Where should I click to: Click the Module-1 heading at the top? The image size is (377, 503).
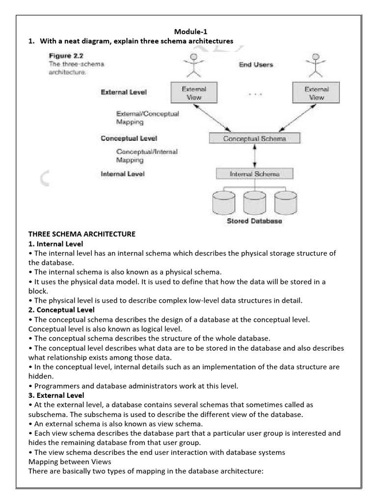tap(188, 31)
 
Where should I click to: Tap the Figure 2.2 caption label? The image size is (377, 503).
tap(65, 56)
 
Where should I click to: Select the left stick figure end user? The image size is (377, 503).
tap(194, 66)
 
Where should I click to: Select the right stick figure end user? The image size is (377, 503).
tap(315, 66)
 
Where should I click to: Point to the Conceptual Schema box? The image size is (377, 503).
tap(254, 139)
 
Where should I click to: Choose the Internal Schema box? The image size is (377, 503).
tap(254, 174)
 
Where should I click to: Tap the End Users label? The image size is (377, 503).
tap(256, 64)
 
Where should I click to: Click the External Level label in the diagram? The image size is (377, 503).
tap(123, 92)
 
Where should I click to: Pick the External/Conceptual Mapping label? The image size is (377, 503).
tap(147, 117)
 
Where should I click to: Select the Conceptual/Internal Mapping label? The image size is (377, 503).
tap(147, 156)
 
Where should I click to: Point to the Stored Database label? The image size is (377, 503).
tap(254, 222)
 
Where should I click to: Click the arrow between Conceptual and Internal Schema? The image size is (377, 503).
tap(254, 156)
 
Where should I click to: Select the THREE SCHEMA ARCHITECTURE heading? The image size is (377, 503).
tap(81, 234)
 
